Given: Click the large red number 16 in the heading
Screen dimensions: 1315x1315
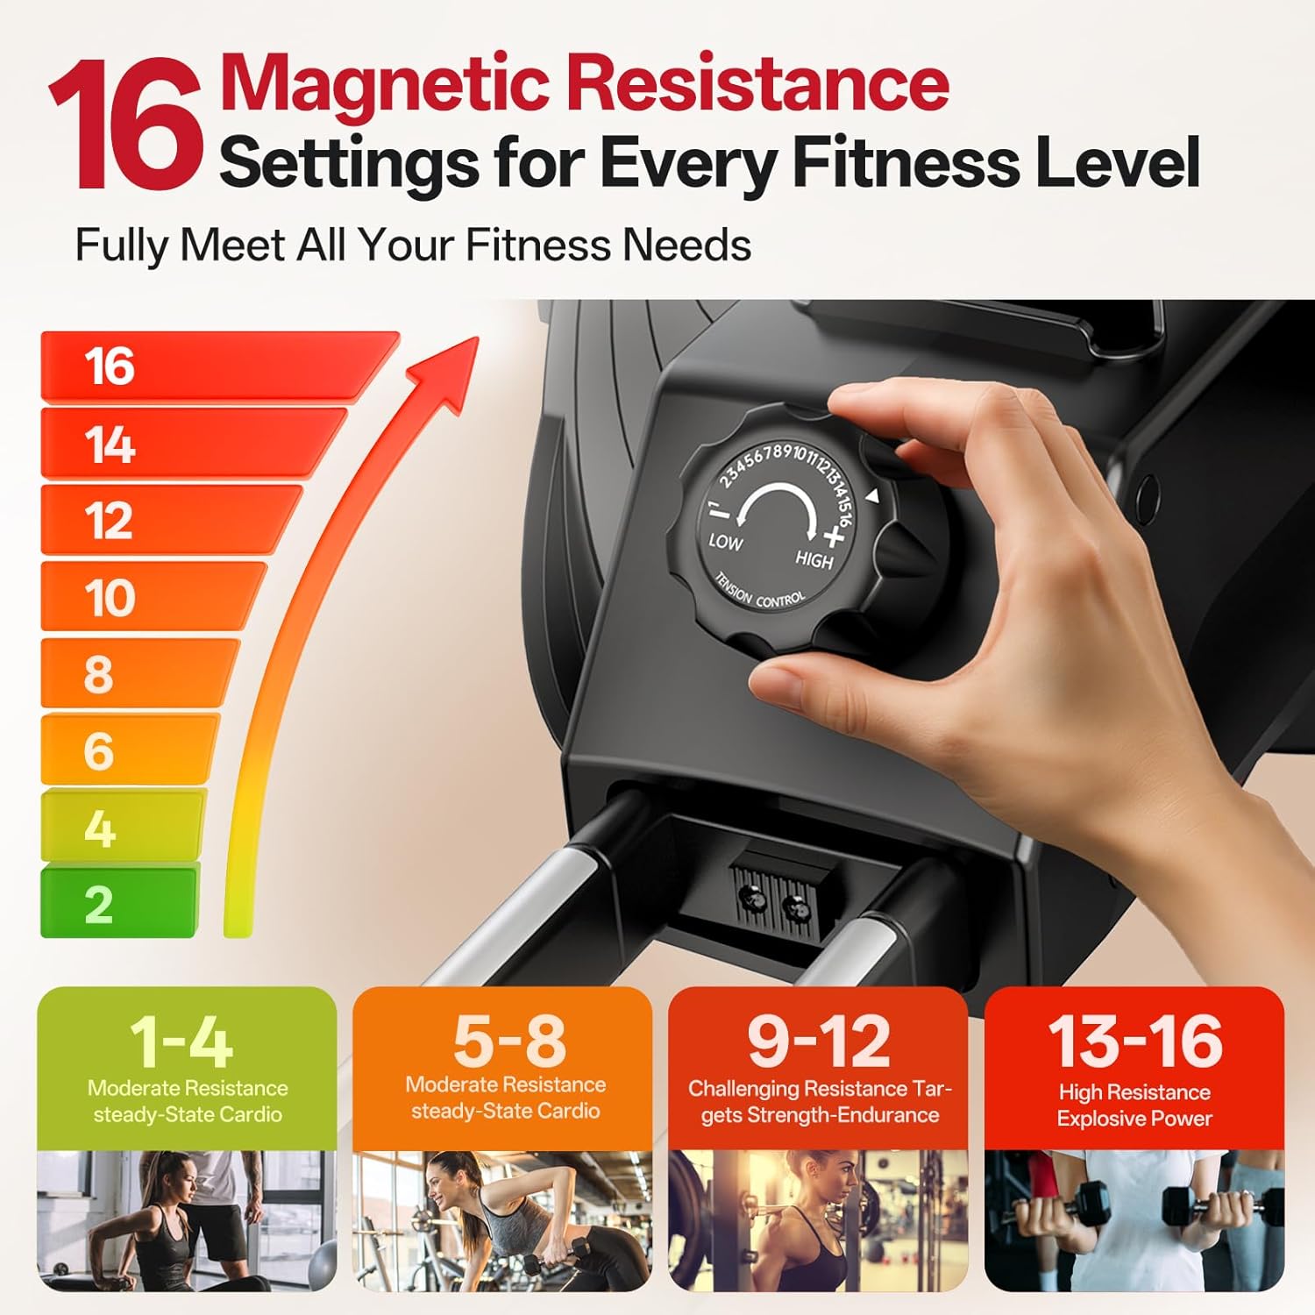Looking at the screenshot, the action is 126,124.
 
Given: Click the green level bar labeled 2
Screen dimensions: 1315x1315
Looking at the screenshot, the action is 120,902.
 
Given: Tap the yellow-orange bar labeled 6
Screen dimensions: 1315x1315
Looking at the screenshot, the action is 130,750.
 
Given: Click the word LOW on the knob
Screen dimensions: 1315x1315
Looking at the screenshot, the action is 726,542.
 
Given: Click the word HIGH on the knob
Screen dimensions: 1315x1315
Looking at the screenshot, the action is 814,559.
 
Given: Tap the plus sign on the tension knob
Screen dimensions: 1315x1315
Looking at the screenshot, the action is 833,535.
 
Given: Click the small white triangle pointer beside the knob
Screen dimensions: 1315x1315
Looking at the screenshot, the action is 871,496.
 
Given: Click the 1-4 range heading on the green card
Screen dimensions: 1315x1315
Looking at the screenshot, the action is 181,1042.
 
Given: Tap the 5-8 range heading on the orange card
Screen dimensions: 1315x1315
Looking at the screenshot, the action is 509,1040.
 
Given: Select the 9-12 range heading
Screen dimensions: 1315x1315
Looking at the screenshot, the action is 819,1041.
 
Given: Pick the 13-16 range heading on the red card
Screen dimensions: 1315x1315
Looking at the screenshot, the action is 1135,1041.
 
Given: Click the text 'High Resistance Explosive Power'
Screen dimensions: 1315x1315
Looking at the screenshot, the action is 1134,1105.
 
